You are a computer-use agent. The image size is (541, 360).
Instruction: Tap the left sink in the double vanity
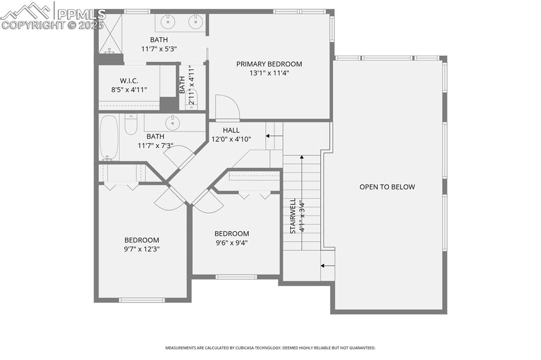click(x=168, y=22)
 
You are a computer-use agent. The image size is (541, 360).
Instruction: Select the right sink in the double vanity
click(x=195, y=22)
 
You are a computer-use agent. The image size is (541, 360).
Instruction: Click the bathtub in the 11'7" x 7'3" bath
click(x=109, y=137)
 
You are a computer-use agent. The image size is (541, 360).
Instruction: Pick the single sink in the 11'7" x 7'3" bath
click(x=173, y=122)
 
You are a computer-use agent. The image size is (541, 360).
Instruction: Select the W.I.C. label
click(x=129, y=81)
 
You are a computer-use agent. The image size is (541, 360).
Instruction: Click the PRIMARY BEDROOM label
click(x=269, y=64)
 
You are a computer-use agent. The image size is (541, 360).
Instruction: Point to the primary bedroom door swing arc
click(x=228, y=107)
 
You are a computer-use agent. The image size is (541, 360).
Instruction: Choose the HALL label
click(x=231, y=130)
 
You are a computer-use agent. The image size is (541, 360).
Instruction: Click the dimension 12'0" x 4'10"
click(x=231, y=139)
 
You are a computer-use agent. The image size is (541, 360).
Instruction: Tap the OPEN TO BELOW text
click(x=387, y=187)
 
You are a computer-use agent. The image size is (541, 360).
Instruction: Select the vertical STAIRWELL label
click(x=292, y=216)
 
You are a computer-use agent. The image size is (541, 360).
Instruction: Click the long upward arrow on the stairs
click(x=302, y=201)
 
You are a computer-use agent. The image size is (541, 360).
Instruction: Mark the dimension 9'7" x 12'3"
click(x=142, y=249)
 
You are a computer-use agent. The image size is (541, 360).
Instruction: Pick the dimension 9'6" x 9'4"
click(x=231, y=243)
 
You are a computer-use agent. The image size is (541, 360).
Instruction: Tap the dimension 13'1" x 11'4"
click(x=269, y=73)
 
